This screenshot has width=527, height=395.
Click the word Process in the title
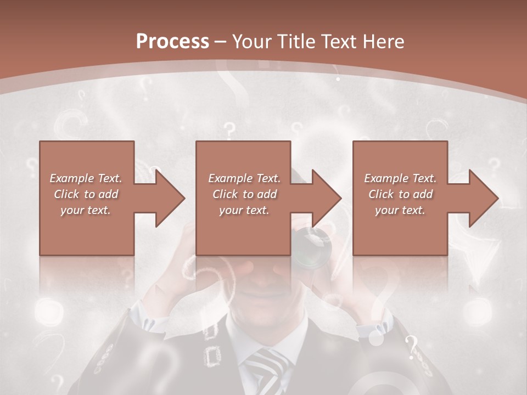tap(172, 41)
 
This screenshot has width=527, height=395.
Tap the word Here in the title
tap(383, 41)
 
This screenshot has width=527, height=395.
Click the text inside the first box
tap(86, 194)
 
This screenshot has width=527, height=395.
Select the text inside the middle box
tap(244, 194)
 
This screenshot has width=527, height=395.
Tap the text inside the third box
tap(400, 194)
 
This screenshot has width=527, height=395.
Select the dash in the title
tap(221, 42)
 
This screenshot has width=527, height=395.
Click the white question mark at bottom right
tap(412, 347)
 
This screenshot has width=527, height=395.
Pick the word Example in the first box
tap(72, 178)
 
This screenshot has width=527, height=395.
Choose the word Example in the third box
tap(386, 178)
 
